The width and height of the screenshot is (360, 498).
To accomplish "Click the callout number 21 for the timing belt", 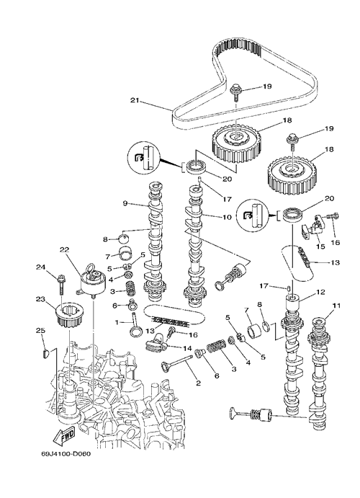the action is pos(135,100).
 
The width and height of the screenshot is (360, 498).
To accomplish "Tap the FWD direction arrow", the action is pos(64,435).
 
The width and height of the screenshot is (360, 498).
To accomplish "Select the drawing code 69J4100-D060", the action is pos(66,454).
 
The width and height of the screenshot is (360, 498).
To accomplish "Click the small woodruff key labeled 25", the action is pos(45,353).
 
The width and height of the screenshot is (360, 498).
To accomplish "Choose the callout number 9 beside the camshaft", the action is pos(125,203).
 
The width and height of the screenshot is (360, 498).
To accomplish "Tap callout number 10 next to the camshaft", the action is pos(227,217).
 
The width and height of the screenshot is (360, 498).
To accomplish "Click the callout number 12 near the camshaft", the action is pos(320,292).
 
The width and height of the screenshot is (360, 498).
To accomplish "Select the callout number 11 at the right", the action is pos(336,306).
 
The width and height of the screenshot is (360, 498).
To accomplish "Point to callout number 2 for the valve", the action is pos(198,383).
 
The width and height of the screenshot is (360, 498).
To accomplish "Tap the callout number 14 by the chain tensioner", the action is pos(187,348).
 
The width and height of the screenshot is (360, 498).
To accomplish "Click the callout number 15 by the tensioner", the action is pos(320,246).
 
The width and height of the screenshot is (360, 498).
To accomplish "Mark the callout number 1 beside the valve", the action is pos(117,322).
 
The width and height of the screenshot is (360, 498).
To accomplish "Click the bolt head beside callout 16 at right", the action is pos(333,215).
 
